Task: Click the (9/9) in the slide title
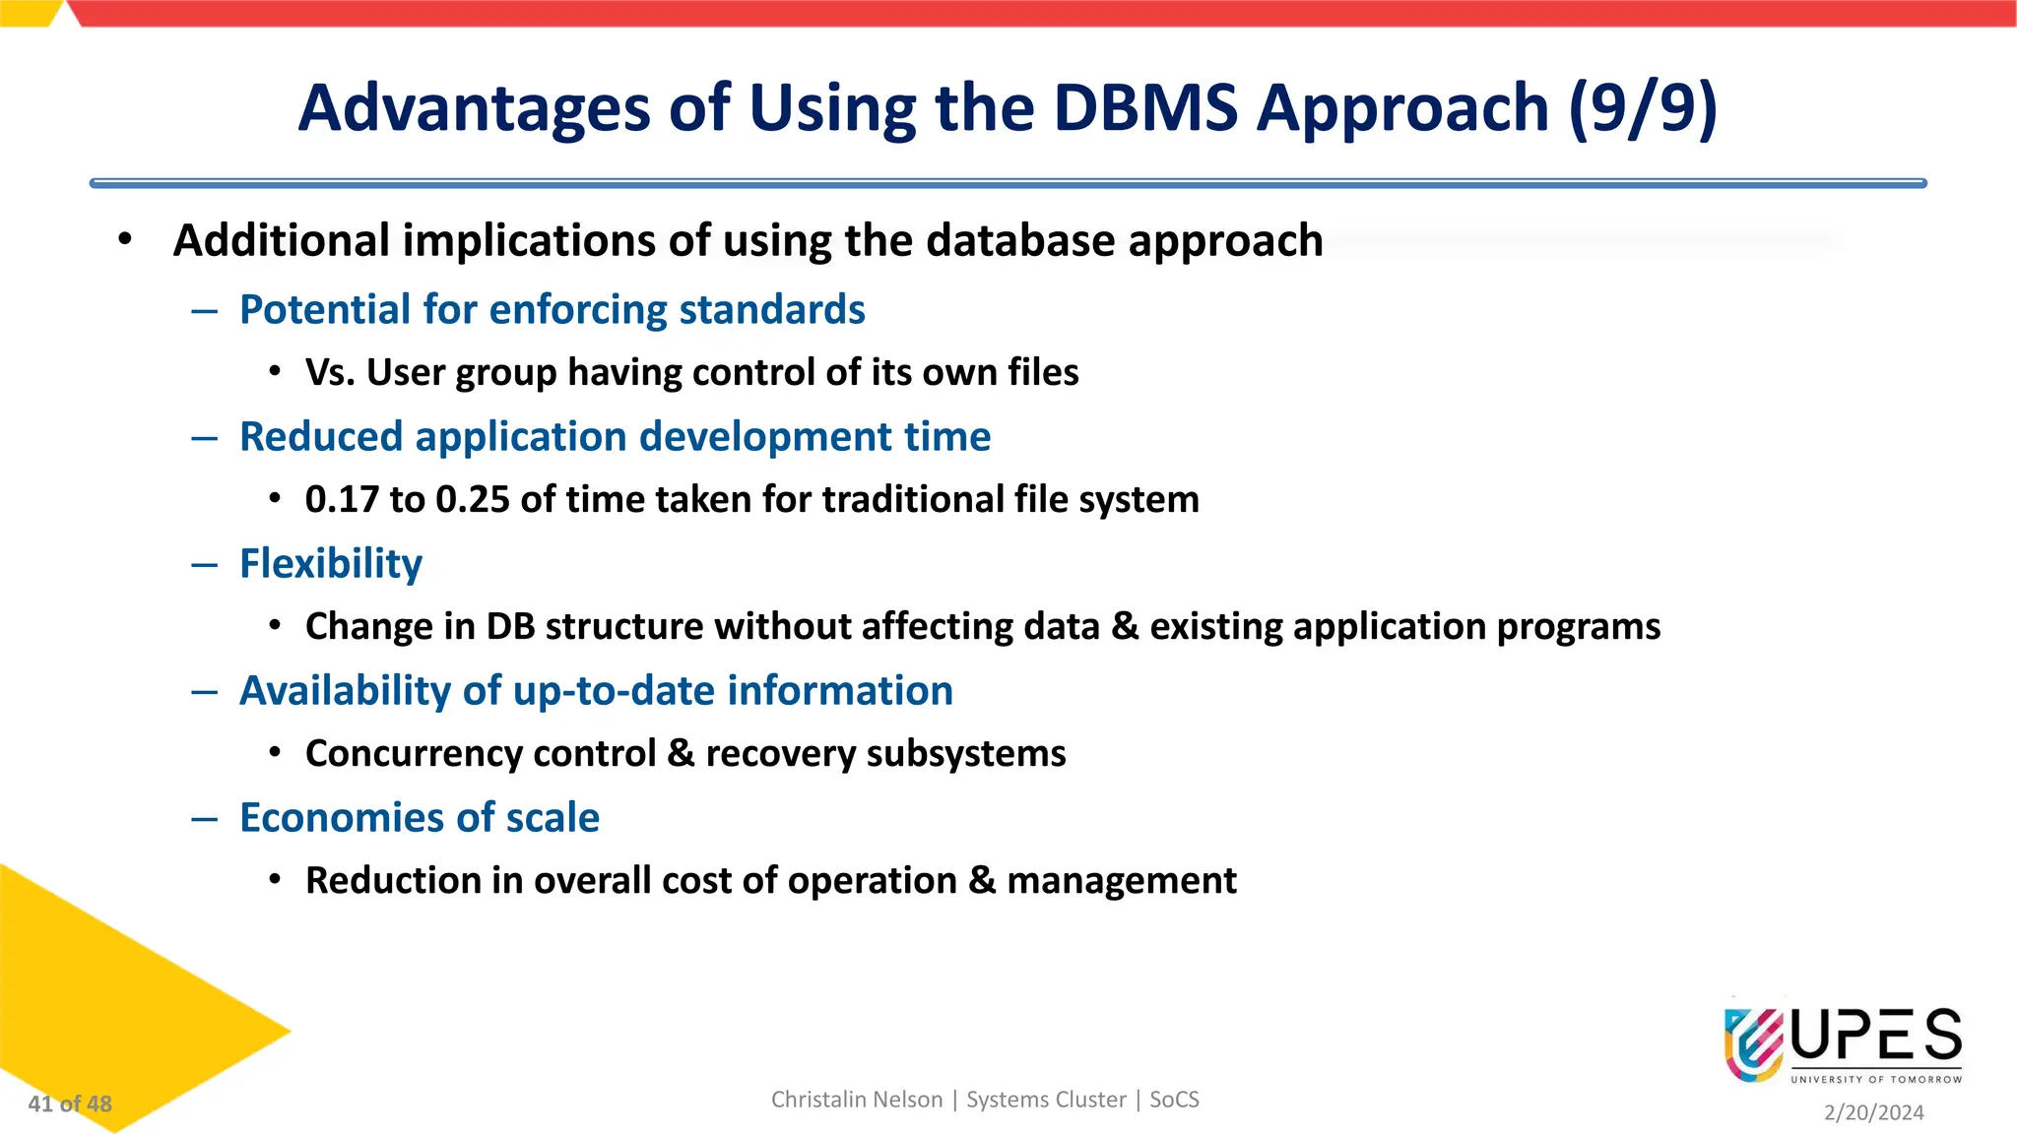(1642, 107)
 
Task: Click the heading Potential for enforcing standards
(552, 309)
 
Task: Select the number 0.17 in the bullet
(342, 499)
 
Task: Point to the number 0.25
(473, 499)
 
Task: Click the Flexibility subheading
(331, 563)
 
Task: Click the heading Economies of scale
(420, 817)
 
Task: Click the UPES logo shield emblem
(1753, 1044)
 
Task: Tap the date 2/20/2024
(1873, 1112)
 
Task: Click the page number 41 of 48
(70, 1104)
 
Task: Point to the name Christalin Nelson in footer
(856, 1100)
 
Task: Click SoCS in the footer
(1174, 1100)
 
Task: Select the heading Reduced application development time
(615, 436)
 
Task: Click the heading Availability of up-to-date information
(596, 690)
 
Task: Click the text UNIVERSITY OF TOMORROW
(1876, 1080)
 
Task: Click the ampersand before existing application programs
(1124, 627)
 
